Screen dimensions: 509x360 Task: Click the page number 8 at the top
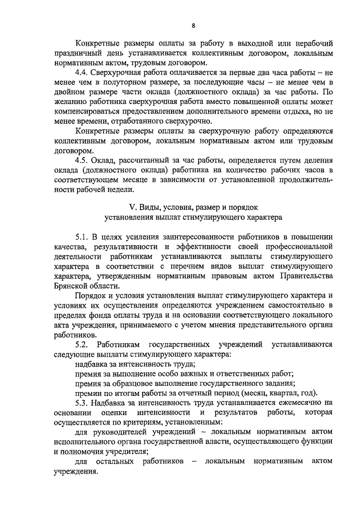[192, 25]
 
